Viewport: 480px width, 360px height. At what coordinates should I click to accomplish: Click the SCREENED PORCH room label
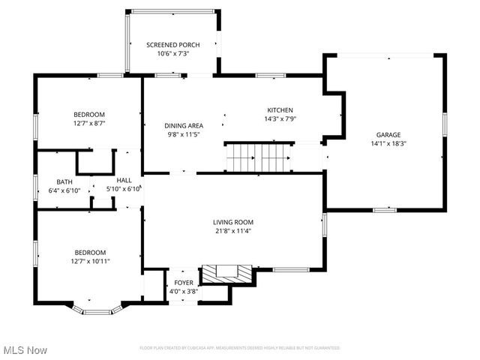tap(172, 45)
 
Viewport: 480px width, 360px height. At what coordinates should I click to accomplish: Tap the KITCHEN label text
tap(280, 109)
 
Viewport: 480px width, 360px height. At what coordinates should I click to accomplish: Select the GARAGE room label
tap(388, 134)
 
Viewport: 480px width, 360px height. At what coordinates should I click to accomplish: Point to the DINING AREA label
tap(184, 126)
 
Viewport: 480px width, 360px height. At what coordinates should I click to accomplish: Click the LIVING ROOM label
tap(233, 222)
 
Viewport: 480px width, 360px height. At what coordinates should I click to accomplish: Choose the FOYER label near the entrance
tap(184, 283)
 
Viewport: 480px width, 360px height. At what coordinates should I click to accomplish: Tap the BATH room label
tap(64, 181)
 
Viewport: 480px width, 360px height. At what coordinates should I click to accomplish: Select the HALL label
tap(124, 181)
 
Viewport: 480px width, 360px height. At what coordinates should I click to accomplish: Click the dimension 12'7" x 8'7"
tap(89, 123)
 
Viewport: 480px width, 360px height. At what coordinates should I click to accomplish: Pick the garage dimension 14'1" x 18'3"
tap(388, 143)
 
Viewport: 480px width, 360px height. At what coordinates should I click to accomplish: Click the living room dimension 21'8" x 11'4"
tap(233, 231)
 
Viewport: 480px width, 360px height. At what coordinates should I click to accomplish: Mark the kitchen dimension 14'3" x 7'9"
tap(280, 118)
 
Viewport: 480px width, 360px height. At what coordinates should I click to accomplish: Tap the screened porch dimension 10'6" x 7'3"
tap(172, 54)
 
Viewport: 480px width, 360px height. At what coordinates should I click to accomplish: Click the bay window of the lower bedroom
tap(95, 309)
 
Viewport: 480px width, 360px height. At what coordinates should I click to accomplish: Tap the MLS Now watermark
tap(25, 350)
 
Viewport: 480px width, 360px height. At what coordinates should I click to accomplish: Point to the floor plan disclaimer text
tap(240, 348)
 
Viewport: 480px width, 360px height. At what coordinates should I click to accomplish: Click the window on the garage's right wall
tap(444, 124)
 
